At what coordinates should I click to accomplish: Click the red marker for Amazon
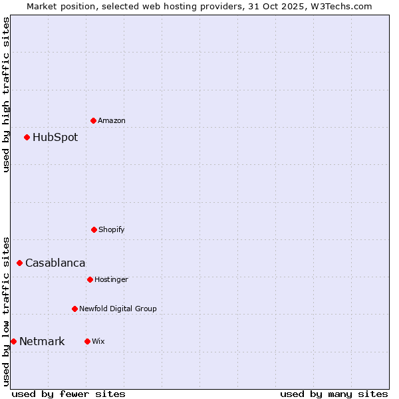[93, 120]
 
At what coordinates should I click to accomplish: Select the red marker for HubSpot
[27, 138]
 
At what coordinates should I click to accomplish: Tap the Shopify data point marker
[94, 229]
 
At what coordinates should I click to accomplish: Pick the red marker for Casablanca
[19, 263]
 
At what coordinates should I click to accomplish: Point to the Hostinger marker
[90, 279]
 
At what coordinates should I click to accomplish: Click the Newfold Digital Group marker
[74, 309]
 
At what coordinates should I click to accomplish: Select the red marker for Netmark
[13, 342]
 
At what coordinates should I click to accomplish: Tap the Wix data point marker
[87, 341]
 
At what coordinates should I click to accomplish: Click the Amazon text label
[112, 120]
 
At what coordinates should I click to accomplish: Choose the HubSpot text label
[55, 138]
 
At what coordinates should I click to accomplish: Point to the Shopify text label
[112, 229]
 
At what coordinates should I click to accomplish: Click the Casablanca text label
[55, 263]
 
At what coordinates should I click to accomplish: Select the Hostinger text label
[111, 279]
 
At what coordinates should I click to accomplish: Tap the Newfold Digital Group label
[118, 309]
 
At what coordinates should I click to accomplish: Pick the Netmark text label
[42, 342]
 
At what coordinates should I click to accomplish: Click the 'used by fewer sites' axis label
[68, 394]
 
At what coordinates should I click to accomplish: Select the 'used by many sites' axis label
[334, 394]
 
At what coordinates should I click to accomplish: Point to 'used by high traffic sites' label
[6, 94]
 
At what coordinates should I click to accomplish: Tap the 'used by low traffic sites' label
[6, 311]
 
